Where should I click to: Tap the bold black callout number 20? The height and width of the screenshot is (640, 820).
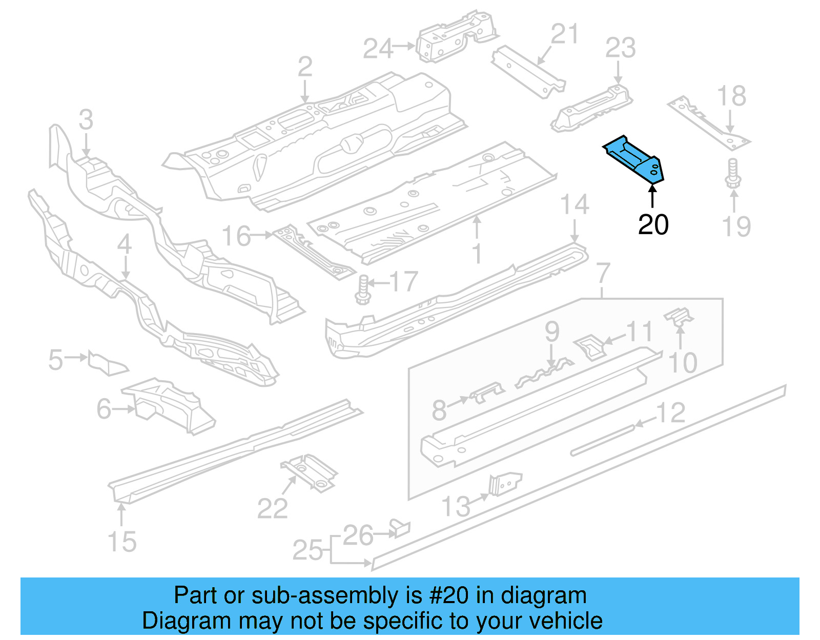[653, 225]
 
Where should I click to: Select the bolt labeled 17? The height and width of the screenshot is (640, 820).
[362, 290]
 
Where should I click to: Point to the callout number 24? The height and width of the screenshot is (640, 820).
[378, 49]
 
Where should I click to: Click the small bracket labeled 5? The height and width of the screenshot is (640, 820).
[106, 362]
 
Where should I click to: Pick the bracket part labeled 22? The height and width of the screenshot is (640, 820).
[309, 472]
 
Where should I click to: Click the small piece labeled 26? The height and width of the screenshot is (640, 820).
[400, 528]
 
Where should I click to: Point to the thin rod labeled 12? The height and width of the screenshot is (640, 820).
[602, 439]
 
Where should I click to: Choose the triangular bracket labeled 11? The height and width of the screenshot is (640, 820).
[590, 348]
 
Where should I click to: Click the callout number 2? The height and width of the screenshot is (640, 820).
[305, 67]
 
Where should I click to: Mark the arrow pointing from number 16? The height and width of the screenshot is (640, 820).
[262, 235]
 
